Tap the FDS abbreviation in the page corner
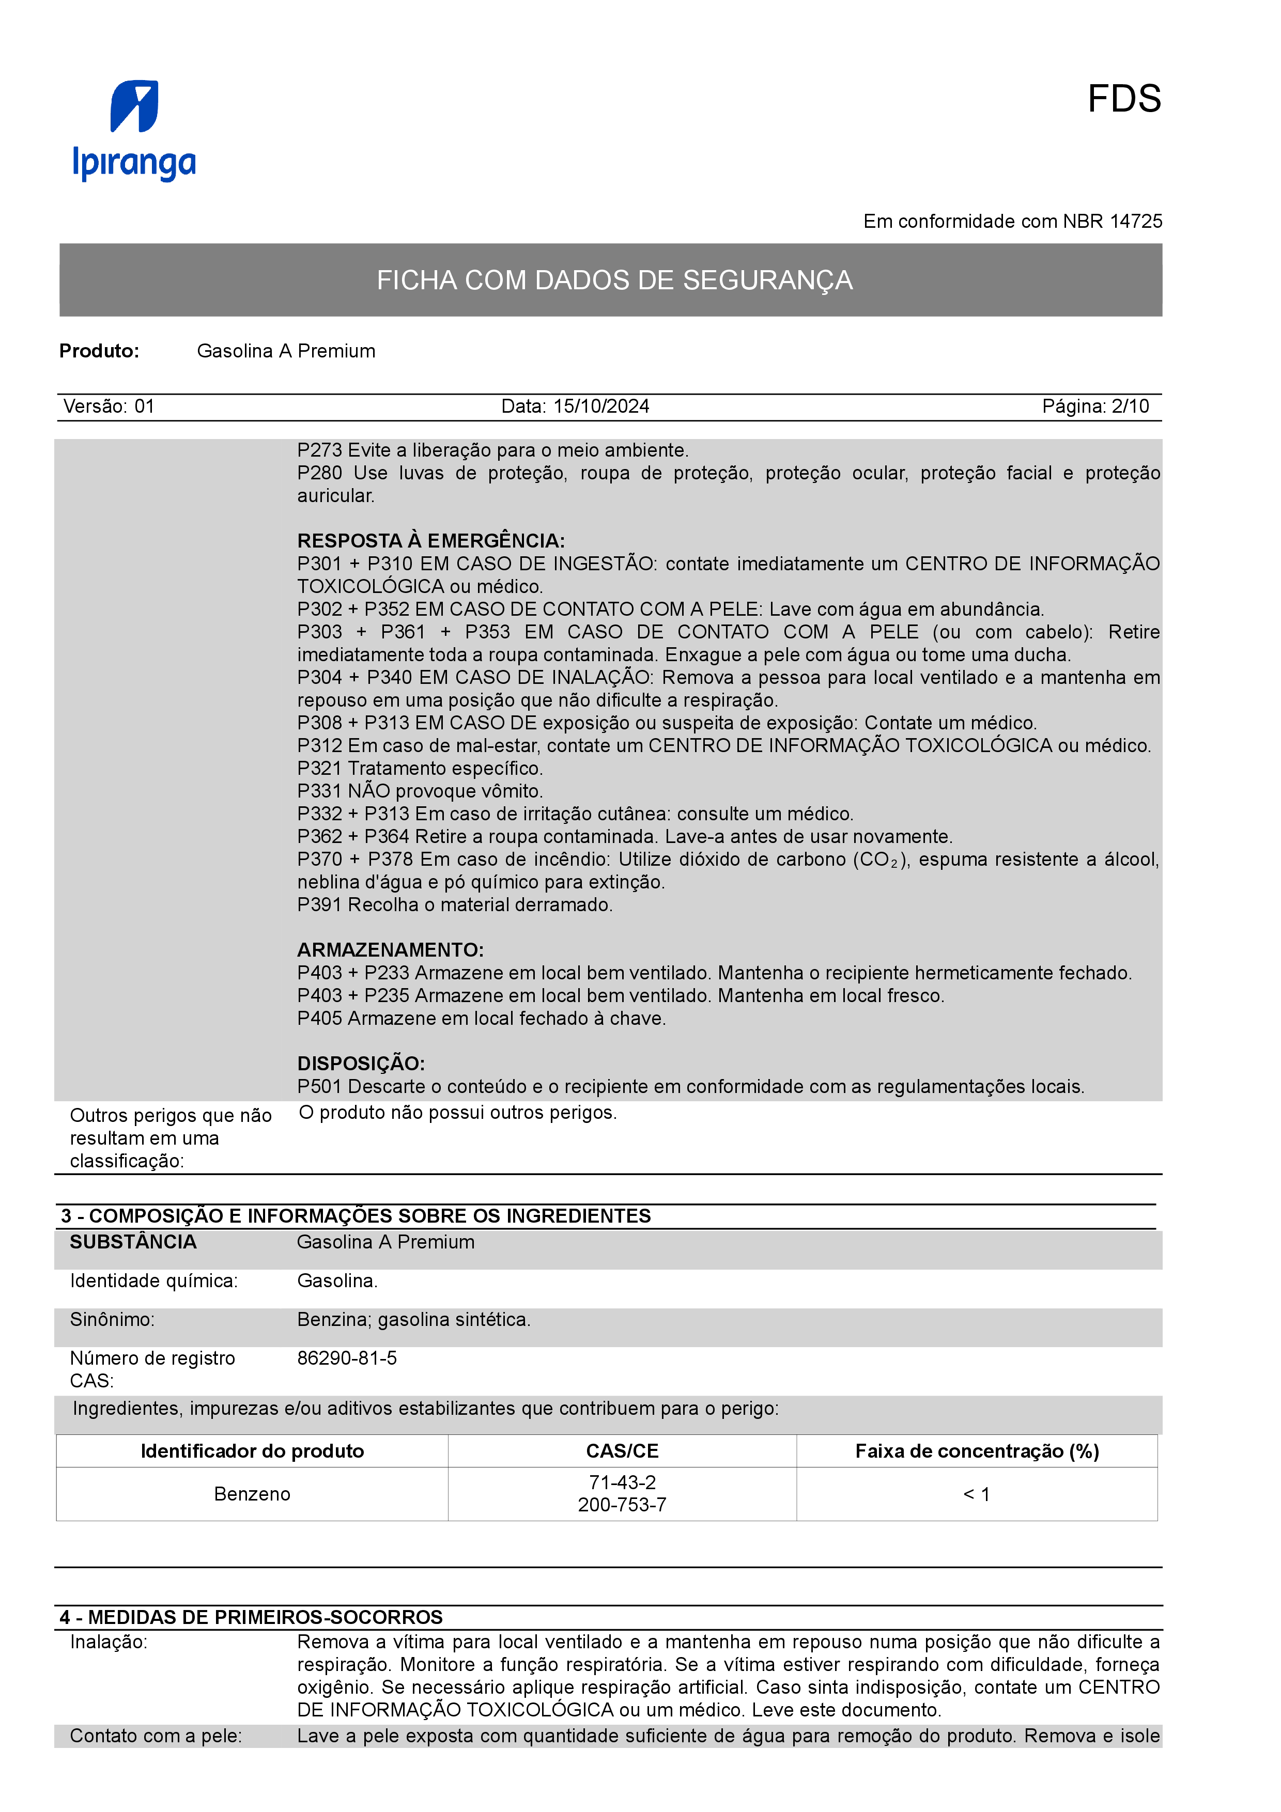pos(1123,100)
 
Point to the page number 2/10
pos(1130,407)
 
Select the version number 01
pos(145,407)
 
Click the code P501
pos(320,1087)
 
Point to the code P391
pos(320,904)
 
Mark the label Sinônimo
pos(112,1320)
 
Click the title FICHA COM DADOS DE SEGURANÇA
pos(614,280)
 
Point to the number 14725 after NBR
pos(1136,222)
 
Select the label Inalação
pos(108,1643)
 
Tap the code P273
pos(320,450)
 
